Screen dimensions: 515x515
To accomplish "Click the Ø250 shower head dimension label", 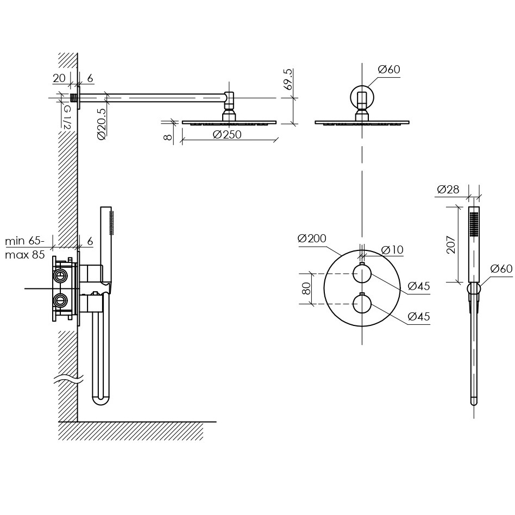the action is [x=227, y=135].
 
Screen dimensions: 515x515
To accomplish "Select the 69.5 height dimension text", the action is [x=287, y=79].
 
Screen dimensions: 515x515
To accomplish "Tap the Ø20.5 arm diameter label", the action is [x=102, y=124].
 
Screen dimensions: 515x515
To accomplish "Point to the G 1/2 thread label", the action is [x=67, y=117].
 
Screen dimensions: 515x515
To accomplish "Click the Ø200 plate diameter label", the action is [x=312, y=238].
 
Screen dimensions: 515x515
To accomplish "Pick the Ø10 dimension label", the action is [x=392, y=250].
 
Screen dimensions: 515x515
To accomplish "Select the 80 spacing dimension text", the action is [x=306, y=288].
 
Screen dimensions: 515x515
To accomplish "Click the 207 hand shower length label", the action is [x=451, y=244].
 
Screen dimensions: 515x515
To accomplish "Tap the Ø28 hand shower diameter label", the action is [x=448, y=189].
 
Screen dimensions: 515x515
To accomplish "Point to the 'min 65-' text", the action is [x=24, y=241].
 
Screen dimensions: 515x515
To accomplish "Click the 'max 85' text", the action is [x=24, y=255].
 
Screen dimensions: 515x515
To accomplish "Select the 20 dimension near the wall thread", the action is [x=59, y=78].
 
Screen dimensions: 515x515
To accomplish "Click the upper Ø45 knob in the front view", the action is [x=362, y=274].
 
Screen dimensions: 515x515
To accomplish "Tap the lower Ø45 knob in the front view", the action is [x=362, y=304].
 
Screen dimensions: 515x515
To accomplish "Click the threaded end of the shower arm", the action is [x=74, y=98].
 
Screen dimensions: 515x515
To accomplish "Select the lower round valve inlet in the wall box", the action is [x=60, y=299].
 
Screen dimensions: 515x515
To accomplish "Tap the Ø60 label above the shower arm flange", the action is [x=389, y=70].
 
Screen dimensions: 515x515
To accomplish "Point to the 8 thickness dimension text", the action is [x=168, y=137].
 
